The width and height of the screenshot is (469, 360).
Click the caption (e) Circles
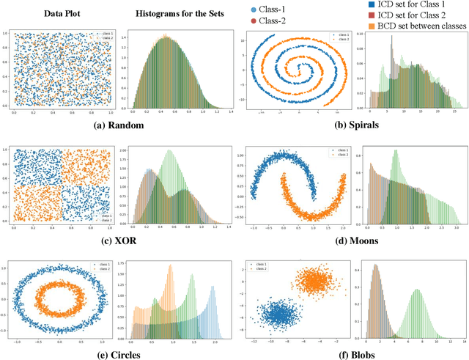[118, 354]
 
